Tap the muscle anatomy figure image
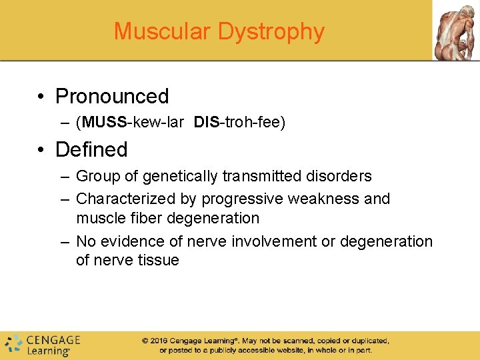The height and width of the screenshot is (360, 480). pos(456,30)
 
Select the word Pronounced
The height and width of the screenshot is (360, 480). pos(112,97)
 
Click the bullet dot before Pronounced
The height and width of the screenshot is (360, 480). pos(41,97)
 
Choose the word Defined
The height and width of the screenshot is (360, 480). pos(91,149)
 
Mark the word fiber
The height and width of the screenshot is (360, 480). pos(151,218)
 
